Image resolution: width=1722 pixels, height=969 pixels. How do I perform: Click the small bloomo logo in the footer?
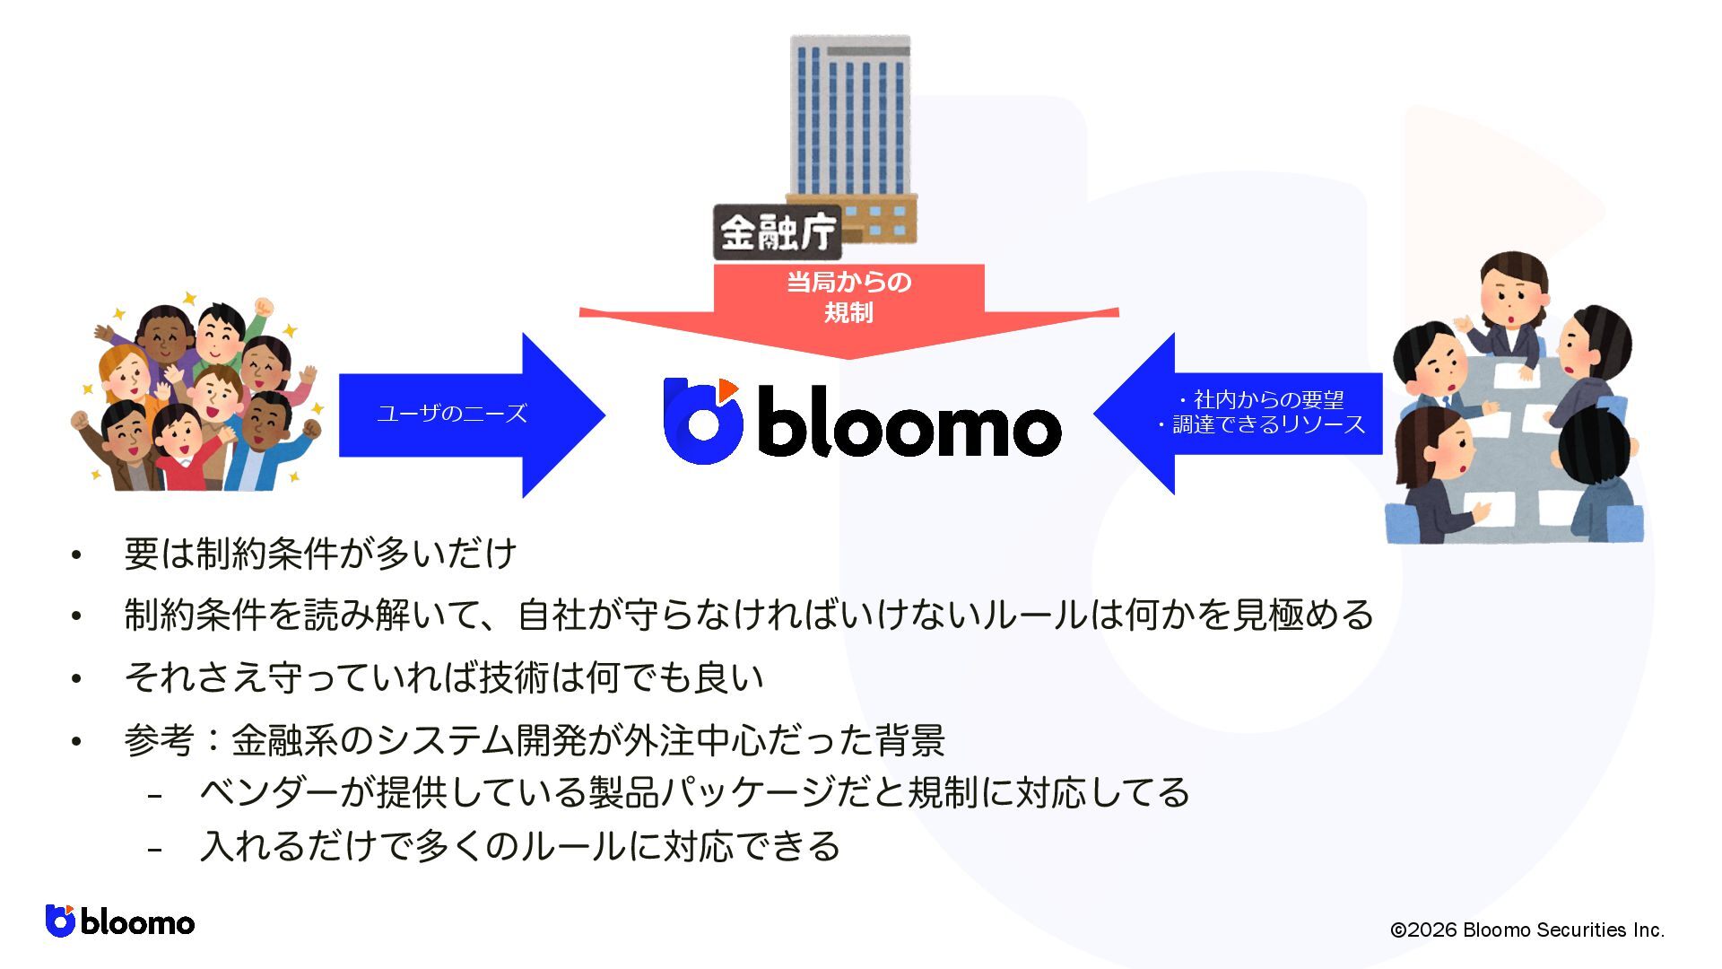point(120,921)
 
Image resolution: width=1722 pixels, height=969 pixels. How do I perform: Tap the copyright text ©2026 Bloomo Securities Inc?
point(1526,930)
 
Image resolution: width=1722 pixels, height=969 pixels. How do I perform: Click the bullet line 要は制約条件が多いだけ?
point(320,554)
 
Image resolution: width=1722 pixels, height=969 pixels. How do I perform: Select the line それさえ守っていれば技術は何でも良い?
point(444,677)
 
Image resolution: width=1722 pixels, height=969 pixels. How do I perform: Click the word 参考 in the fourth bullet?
point(160,741)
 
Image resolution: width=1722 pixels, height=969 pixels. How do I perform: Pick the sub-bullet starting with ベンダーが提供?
point(694,793)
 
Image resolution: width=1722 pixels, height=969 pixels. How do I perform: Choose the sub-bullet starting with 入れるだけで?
point(520,846)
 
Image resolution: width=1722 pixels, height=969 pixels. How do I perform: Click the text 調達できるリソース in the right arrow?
point(1268,424)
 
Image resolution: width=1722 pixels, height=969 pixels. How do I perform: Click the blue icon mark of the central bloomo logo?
point(703,421)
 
